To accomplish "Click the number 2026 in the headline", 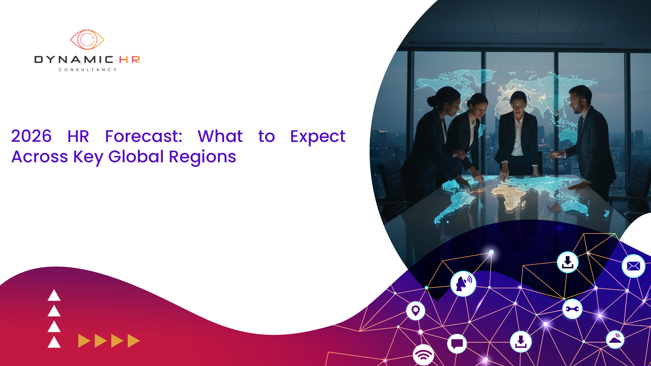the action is click(x=31, y=136).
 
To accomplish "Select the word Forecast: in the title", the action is click(x=144, y=136).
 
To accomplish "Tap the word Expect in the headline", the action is click(x=318, y=137).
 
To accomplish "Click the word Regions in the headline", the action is click(x=202, y=157).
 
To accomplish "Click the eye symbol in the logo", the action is click(x=87, y=40).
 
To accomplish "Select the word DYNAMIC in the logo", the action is click(x=74, y=60).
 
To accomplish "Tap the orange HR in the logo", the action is click(x=130, y=60).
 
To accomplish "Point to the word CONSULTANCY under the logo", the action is click(x=87, y=70).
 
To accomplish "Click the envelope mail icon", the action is click(x=633, y=266).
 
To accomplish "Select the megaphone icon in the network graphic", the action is click(x=463, y=284).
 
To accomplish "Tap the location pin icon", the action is click(x=415, y=310).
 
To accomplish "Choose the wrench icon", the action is click(x=572, y=309).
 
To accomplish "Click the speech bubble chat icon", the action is click(x=457, y=344).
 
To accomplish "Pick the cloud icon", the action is click(x=615, y=340).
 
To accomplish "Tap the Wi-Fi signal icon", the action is click(x=423, y=355).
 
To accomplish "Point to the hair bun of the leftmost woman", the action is click(x=432, y=101).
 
